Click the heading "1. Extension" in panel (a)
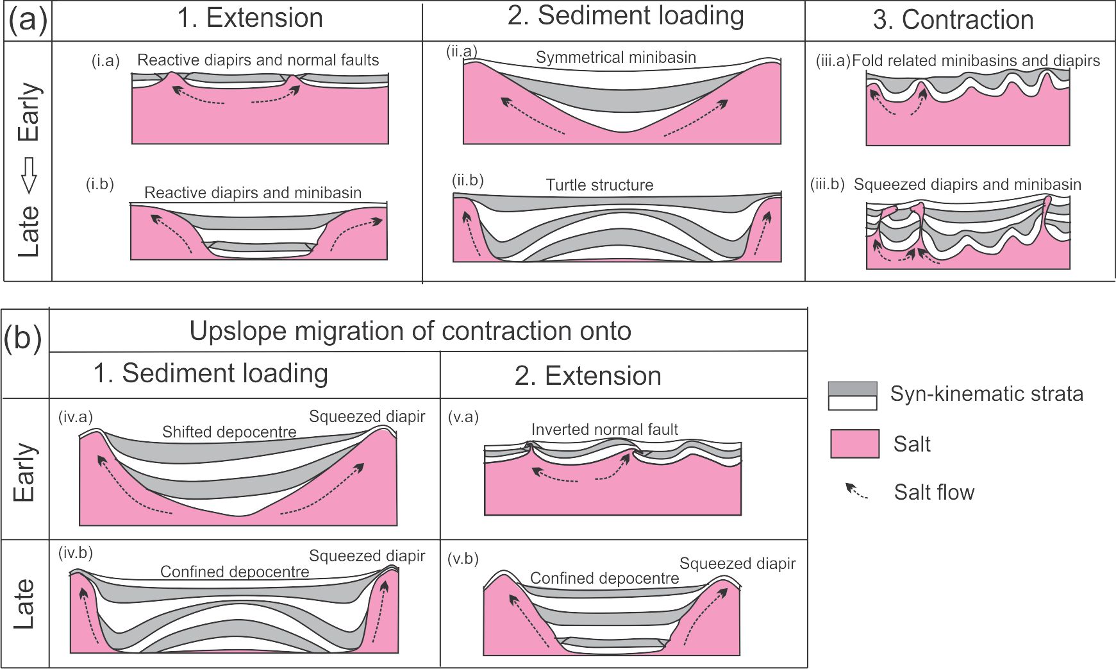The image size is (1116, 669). click(x=250, y=19)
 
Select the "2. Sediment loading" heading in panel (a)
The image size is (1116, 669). click(x=626, y=16)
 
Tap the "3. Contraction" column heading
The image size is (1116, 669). click(x=953, y=21)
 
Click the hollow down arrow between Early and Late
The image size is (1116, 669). click(x=29, y=175)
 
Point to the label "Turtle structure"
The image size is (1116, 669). click(x=599, y=185)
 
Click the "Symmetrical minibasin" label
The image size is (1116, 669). click(x=615, y=58)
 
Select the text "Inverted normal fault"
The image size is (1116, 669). click(x=604, y=430)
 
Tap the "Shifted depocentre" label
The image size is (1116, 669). click(x=229, y=432)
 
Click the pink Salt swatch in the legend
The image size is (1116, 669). click(x=854, y=444)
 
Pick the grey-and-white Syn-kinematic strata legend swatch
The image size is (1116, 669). click(x=852, y=396)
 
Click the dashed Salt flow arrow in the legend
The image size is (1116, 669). click(x=856, y=492)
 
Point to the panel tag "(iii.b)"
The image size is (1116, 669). click(x=827, y=185)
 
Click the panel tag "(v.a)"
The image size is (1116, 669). click(x=463, y=418)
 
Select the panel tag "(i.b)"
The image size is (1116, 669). click(x=100, y=185)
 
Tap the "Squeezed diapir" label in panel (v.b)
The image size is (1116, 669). click(x=737, y=564)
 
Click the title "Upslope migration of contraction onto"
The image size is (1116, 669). click(x=410, y=331)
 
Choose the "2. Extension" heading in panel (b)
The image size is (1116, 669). click(x=588, y=376)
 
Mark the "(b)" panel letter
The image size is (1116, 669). click(x=23, y=338)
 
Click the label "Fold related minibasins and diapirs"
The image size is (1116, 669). click(x=976, y=61)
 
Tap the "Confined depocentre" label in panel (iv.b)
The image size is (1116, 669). click(x=235, y=572)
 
